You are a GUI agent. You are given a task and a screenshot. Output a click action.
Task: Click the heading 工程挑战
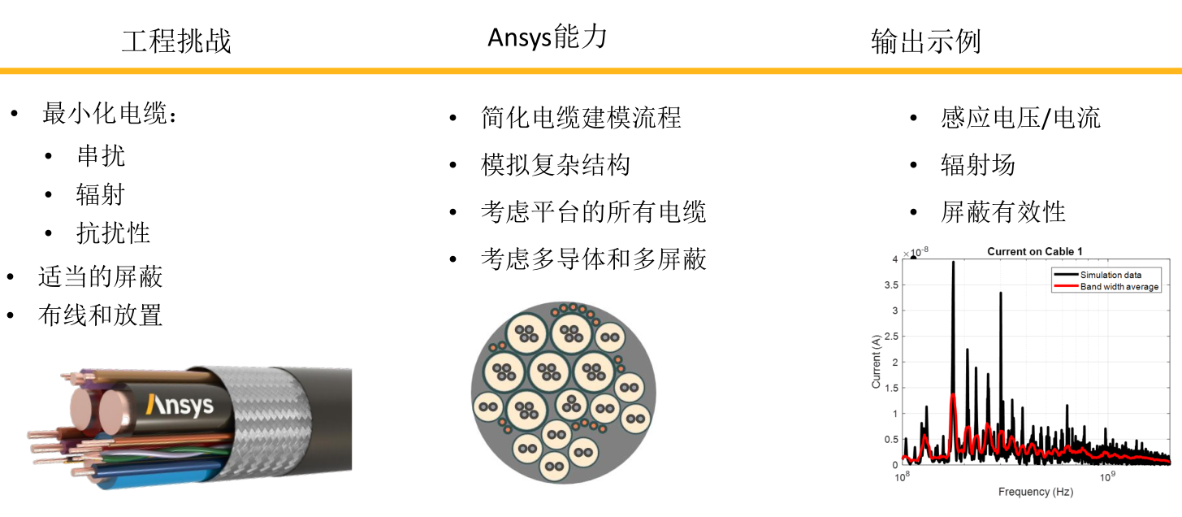(176, 41)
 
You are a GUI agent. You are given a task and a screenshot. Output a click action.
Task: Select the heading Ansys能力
(548, 37)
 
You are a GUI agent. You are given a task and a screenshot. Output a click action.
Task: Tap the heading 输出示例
(926, 41)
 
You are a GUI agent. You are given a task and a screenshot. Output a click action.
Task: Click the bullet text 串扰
(101, 156)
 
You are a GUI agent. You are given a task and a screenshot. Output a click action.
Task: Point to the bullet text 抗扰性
(114, 232)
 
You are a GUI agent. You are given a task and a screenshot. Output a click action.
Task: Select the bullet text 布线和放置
(100, 315)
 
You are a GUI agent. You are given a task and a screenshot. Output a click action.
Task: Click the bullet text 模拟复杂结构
(556, 165)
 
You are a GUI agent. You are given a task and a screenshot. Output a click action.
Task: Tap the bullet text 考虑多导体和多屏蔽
(594, 259)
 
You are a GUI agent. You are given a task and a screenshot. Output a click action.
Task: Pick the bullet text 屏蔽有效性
(1003, 212)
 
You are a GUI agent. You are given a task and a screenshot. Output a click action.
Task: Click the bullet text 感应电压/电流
(1020, 118)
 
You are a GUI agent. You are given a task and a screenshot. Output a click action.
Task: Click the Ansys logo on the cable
(180, 406)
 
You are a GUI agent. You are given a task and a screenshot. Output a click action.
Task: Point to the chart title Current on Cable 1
(1035, 251)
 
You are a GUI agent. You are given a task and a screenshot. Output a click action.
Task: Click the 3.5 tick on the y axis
(891, 285)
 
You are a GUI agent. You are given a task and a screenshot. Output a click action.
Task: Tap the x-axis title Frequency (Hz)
(1035, 492)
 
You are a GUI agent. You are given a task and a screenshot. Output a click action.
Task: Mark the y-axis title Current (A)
(876, 361)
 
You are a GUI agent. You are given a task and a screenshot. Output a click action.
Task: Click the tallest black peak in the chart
(953, 263)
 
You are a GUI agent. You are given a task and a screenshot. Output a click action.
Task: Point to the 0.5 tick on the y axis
(891, 440)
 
